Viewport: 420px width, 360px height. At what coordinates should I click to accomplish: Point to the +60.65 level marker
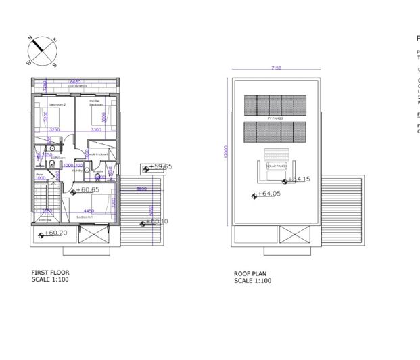pos(87,190)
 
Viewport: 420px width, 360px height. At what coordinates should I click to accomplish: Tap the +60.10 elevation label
pos(157,221)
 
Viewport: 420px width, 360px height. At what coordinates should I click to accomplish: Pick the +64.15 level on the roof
pos(298,179)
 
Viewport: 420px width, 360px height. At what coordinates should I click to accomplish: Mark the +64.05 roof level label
pos(269,194)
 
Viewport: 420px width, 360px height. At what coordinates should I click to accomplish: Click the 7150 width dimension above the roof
pos(275,68)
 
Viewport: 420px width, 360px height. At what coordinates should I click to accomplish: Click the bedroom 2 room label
pos(50,105)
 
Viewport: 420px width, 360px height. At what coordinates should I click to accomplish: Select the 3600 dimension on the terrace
pos(141,189)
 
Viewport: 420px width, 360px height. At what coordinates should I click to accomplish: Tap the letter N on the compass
pos(30,39)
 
